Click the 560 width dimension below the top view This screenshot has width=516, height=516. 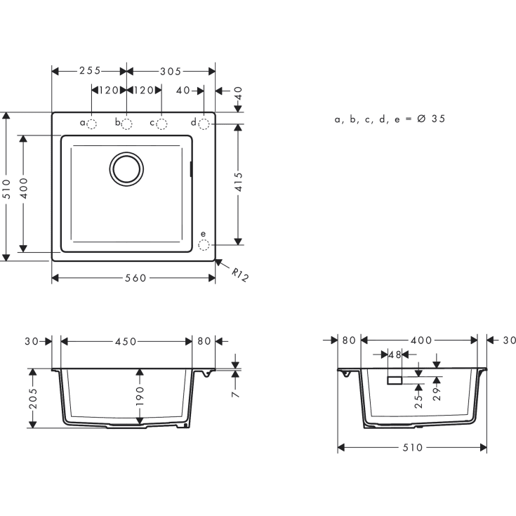coord(135,278)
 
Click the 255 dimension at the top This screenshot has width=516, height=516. coord(89,71)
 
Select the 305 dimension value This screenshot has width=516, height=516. coord(171,71)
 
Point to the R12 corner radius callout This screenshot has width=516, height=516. coord(240,274)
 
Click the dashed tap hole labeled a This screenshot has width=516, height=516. coord(92,124)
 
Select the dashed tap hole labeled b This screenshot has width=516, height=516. coord(127,124)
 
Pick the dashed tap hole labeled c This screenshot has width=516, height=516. coord(161,124)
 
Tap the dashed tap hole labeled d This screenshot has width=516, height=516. coord(204,124)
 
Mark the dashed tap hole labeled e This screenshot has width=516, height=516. coord(204,244)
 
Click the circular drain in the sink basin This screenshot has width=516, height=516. coord(126,169)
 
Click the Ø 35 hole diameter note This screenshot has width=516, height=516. coord(390,119)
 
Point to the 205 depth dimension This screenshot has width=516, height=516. coord(32,398)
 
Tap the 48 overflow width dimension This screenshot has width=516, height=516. coord(394,355)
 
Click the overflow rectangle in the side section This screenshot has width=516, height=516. coord(394,380)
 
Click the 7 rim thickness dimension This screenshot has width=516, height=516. coord(236,395)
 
